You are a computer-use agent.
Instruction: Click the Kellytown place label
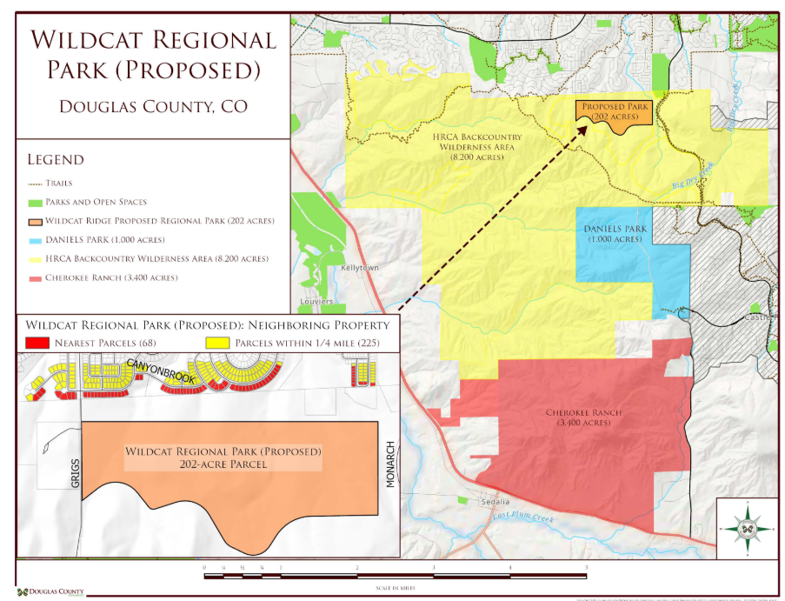coord(360,268)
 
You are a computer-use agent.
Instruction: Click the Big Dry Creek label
coord(692,176)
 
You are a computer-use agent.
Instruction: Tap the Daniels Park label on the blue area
coord(615,233)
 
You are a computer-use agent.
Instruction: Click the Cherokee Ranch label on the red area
coord(583,417)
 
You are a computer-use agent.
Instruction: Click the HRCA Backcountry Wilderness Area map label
coord(477,147)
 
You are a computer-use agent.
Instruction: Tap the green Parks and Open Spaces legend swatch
coord(35,203)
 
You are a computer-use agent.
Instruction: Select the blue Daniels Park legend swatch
coord(35,240)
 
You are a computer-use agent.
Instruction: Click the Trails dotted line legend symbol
coord(35,184)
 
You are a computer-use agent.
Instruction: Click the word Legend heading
coord(56,160)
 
